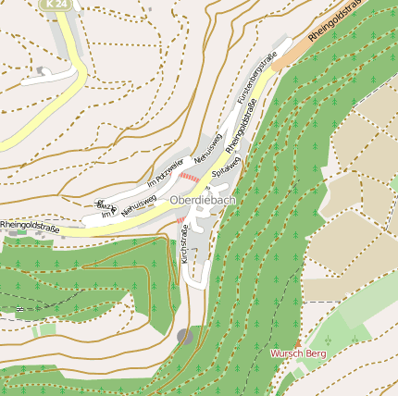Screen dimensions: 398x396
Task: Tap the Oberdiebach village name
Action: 203,200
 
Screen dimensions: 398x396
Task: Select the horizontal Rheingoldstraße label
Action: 30,225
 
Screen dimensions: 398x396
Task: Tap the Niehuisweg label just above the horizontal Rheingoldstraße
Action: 138,204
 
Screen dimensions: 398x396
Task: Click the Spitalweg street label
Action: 227,167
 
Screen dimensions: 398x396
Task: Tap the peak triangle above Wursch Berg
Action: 297,343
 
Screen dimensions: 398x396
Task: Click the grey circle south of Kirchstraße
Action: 185,337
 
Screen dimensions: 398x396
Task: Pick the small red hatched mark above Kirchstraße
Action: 180,221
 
